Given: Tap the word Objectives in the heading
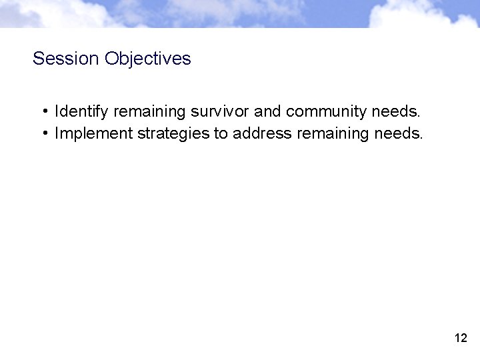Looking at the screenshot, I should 147,59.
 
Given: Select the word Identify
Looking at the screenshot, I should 82,111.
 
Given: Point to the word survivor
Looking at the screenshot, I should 220,111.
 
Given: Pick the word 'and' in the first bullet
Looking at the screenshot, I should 267,111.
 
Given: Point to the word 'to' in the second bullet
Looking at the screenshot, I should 221,133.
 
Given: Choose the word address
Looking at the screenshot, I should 262,133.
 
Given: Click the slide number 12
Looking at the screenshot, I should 461,338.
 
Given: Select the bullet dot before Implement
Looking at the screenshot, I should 43,133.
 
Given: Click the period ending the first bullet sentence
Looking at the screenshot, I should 419,115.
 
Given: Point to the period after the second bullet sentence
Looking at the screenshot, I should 421,137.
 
